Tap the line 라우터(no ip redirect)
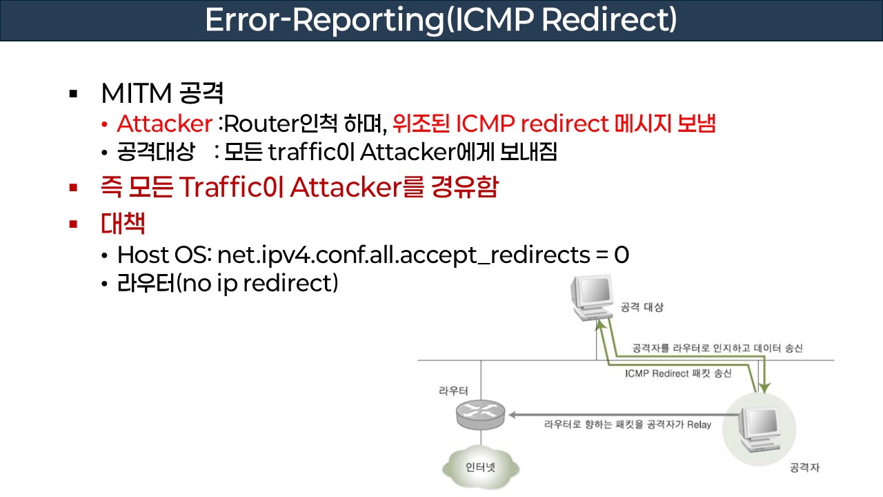[x=228, y=284]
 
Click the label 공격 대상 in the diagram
[x=642, y=307]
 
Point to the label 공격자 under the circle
[x=804, y=469]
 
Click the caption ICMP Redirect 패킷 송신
[x=677, y=373]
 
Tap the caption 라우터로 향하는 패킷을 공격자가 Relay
[x=627, y=424]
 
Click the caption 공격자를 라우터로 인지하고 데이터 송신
[x=717, y=349]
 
